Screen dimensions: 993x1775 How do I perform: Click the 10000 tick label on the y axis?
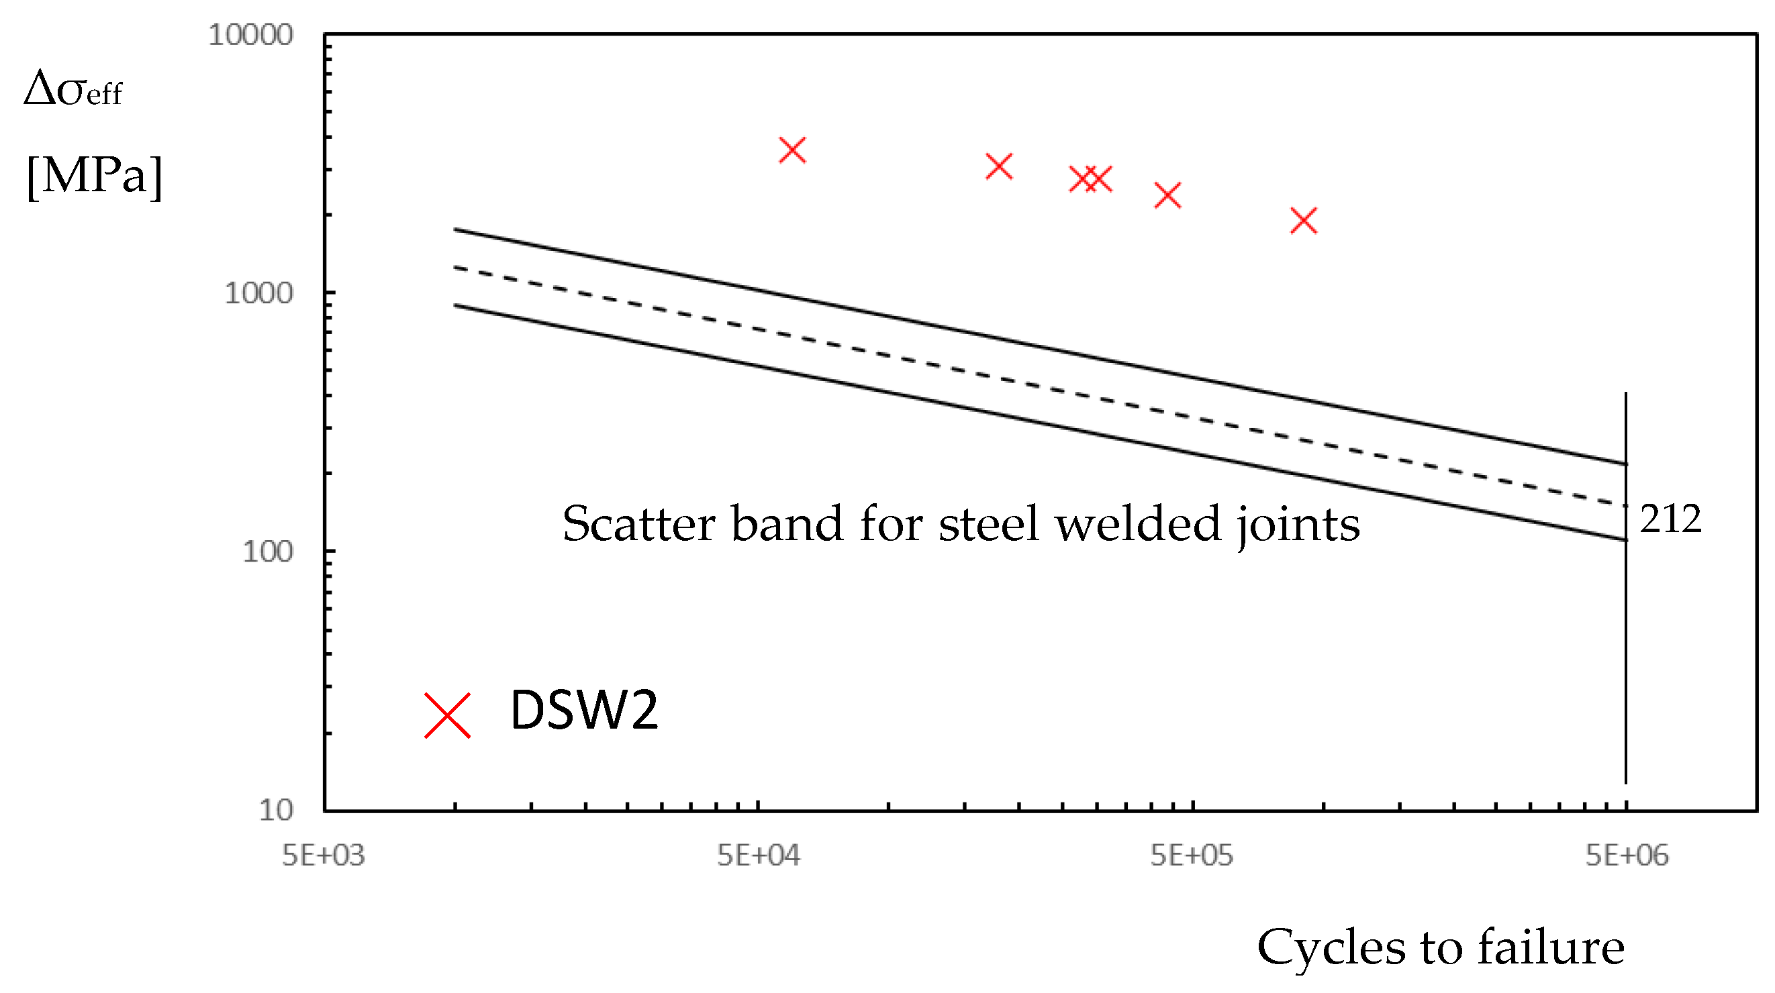pos(251,34)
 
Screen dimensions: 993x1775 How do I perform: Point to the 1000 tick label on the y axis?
pos(259,293)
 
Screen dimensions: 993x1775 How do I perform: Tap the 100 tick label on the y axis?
pos(267,552)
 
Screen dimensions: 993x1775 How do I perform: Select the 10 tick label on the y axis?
pos(276,810)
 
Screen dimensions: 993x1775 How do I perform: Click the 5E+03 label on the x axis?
pos(323,855)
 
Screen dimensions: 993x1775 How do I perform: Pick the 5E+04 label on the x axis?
pos(758,855)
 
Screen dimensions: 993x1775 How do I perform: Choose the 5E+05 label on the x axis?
pos(1192,855)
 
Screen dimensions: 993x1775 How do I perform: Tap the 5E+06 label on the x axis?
pos(1626,855)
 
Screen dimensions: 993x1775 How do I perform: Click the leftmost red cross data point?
pos(792,150)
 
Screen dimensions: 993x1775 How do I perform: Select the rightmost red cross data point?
pos(1304,221)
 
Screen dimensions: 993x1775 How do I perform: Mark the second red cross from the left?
pos(999,166)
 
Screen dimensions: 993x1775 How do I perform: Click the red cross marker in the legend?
pos(447,715)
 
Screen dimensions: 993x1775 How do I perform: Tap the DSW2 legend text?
pos(583,710)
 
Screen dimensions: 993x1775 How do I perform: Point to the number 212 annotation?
pos(1670,519)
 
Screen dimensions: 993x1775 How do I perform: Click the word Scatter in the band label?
pos(638,524)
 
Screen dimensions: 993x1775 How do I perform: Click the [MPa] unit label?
pos(95,176)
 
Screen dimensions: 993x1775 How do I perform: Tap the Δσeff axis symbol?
pos(73,89)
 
